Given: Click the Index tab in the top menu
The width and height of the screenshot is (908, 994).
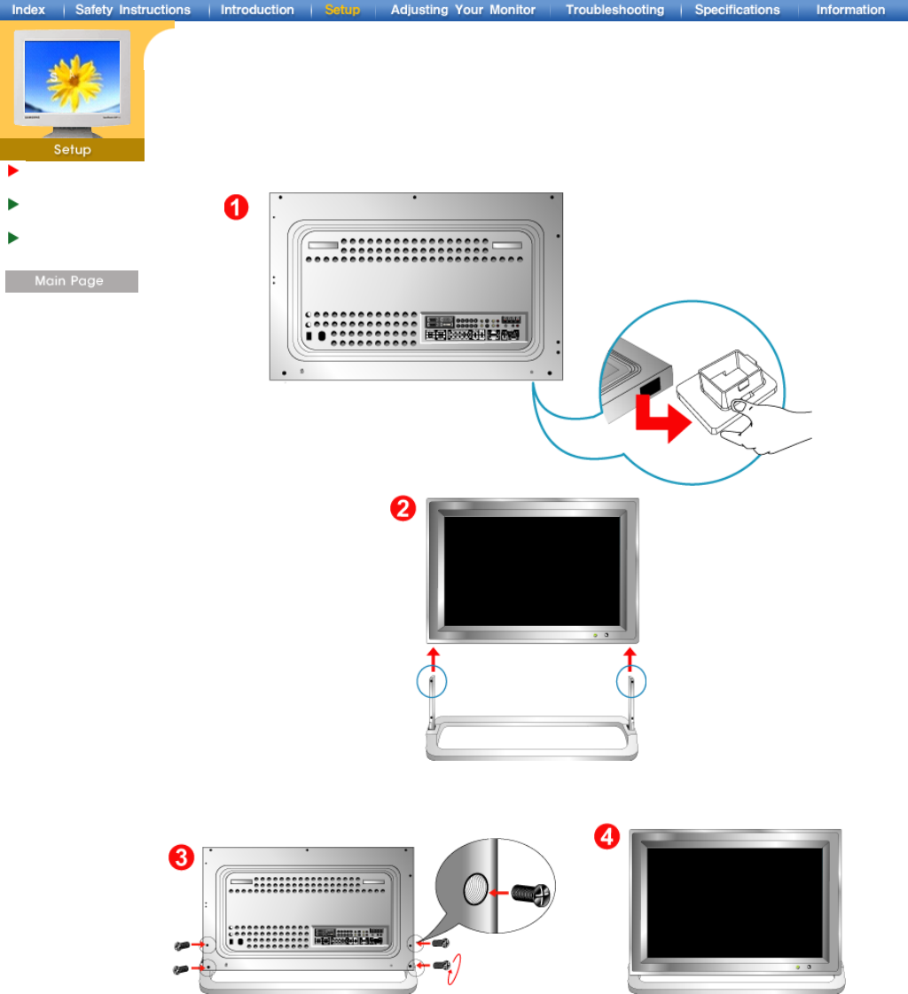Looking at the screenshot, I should coord(28,10).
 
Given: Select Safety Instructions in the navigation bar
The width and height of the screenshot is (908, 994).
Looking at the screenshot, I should coord(132,10).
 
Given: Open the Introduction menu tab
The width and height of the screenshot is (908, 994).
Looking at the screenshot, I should coord(257,10).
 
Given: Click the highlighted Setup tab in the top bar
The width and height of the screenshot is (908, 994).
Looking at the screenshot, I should coord(342,10).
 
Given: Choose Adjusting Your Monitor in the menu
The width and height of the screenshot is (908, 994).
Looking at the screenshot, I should coord(463,10).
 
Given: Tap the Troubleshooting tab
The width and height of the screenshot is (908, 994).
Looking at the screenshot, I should coord(614,10).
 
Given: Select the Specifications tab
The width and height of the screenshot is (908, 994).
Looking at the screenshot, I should coord(737,10).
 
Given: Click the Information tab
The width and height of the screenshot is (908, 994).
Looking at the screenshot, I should coord(850,10).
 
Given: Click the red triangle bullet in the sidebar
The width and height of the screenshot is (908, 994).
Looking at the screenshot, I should coord(12,170).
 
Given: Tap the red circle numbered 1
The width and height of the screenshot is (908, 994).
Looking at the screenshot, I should coord(235,208).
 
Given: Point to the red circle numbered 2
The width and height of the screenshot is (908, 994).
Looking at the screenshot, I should coord(403,511).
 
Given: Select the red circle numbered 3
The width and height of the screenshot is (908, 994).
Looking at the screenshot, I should coord(182,858).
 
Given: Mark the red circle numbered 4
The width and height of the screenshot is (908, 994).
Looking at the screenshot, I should coord(607,837).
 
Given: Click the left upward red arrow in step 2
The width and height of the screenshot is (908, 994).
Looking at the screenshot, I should coord(433,661).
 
